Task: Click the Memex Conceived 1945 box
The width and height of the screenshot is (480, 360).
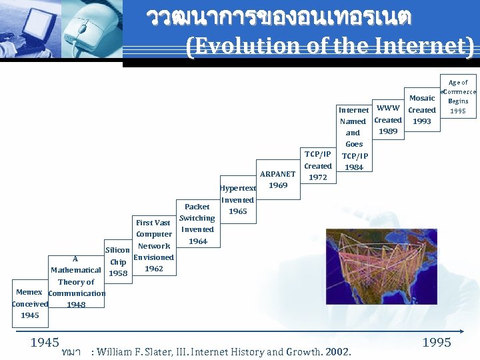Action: tap(29, 304)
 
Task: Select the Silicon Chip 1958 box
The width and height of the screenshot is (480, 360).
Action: tap(117, 261)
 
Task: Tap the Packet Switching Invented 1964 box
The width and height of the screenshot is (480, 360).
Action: tap(197, 224)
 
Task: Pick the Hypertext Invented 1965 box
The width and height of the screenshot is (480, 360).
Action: tap(237, 199)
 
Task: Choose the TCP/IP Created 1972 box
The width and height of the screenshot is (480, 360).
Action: tap(318, 165)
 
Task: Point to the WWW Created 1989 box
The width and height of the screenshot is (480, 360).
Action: tap(388, 119)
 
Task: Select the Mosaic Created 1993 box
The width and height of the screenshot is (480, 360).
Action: tap(422, 110)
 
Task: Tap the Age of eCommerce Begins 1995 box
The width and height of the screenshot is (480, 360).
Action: tap(458, 97)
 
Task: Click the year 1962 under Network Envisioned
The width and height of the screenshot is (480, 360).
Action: tap(153, 269)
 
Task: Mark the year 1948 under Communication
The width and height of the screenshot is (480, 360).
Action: tap(77, 305)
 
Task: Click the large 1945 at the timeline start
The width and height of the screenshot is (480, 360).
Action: tap(45, 343)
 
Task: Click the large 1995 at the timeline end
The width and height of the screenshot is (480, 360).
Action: tap(437, 343)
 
